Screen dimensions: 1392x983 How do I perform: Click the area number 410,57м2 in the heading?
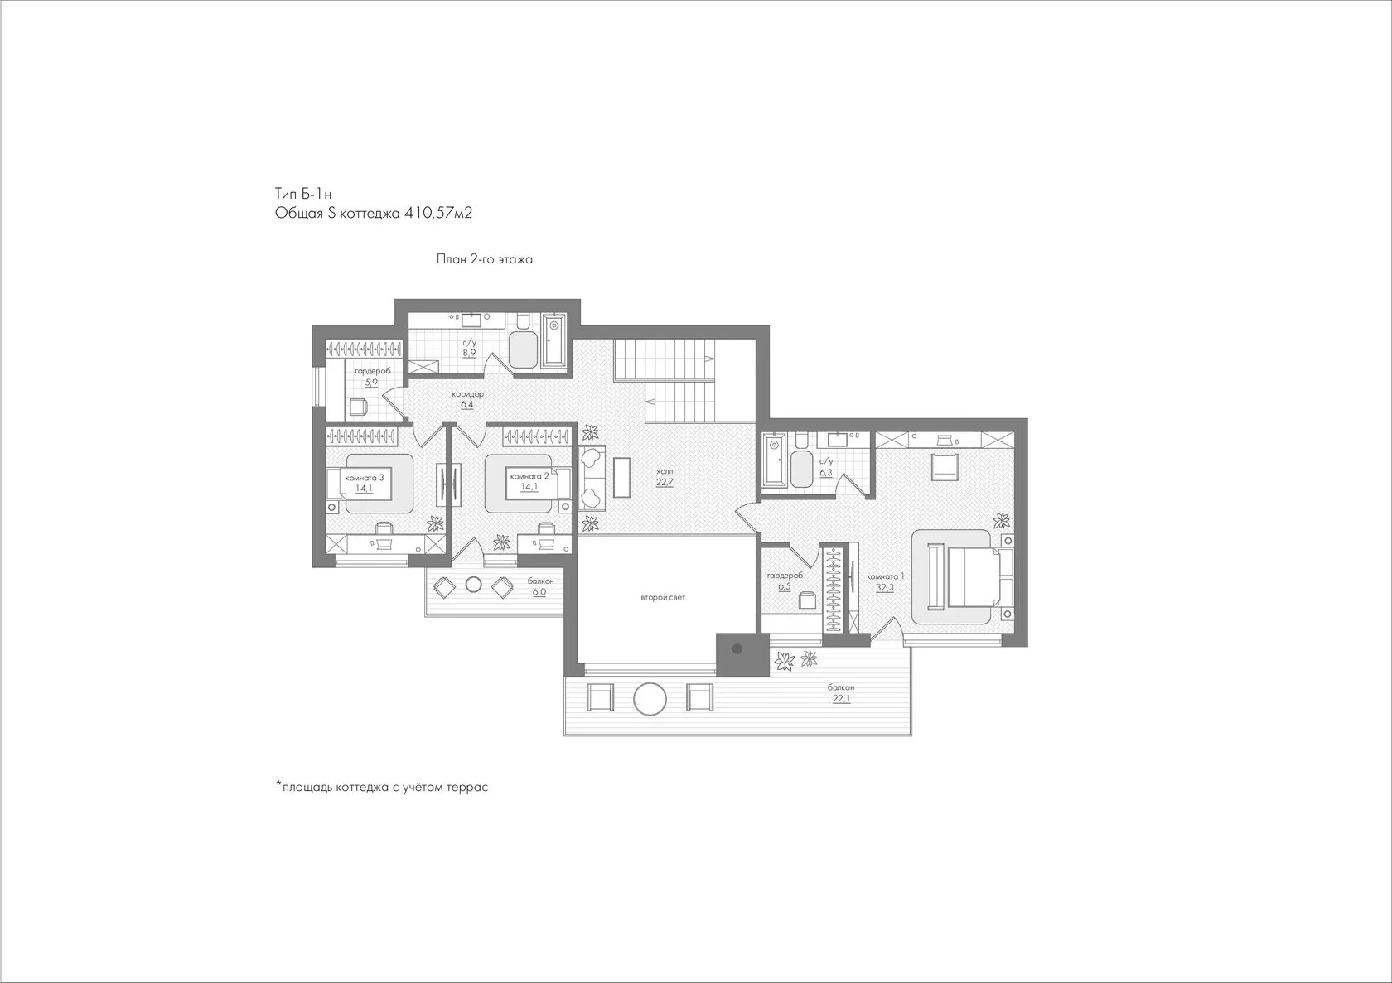438,214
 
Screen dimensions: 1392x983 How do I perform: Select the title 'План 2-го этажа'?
484,259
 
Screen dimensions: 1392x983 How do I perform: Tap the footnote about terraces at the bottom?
382,788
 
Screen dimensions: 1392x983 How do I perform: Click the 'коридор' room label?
468,394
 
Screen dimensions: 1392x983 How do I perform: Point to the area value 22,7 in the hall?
665,482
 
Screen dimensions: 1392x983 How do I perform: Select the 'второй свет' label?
663,597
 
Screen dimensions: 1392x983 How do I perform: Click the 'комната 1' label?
886,576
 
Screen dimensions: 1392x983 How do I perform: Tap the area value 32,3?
885,587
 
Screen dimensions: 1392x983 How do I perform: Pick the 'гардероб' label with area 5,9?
373,371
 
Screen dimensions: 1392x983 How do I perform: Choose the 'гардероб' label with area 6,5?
785,576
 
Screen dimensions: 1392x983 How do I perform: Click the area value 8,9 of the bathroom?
469,353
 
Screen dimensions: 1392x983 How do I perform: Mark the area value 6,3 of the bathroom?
826,473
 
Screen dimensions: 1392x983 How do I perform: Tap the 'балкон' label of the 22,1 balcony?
841,687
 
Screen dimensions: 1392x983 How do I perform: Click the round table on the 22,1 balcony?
650,699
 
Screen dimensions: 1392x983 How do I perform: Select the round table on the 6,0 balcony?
474,585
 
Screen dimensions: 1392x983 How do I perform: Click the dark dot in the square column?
737,649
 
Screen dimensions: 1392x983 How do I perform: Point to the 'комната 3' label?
365,478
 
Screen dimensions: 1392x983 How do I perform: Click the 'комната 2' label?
529,476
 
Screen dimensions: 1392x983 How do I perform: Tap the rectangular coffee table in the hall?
621,477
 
